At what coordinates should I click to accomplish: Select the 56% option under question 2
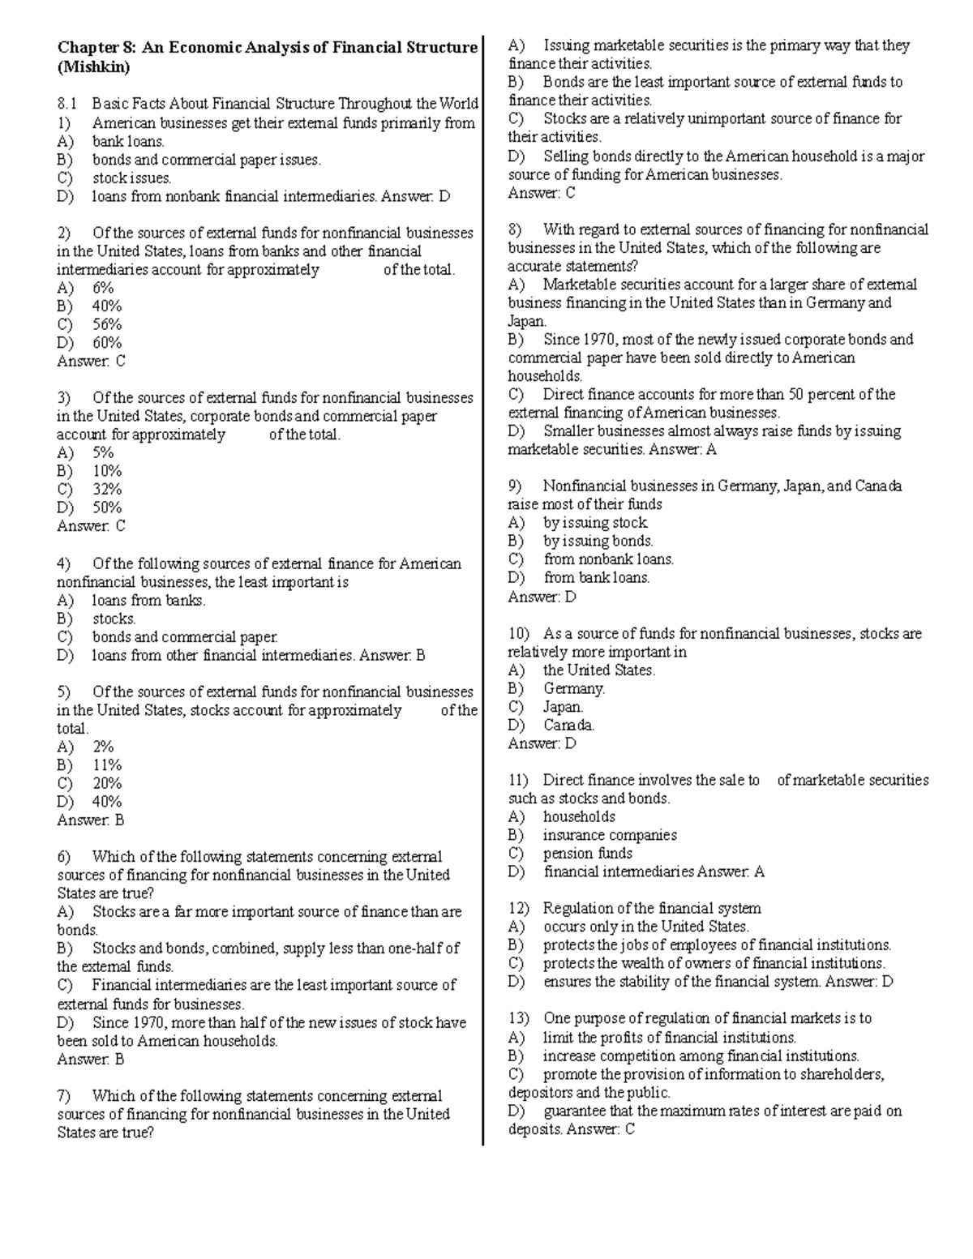pos(107,324)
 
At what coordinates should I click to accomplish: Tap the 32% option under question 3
pos(107,489)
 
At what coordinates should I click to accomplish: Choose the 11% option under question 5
pos(107,764)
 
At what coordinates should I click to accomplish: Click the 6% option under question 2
pos(103,288)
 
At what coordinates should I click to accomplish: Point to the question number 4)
pos(64,563)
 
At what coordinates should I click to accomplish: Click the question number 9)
pos(516,486)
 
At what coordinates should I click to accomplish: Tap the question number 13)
pos(519,1018)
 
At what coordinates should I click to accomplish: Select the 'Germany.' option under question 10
pos(574,688)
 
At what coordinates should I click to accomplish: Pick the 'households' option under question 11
pos(579,816)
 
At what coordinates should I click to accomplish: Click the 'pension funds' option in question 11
pos(587,853)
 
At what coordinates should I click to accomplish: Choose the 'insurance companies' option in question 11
pos(610,835)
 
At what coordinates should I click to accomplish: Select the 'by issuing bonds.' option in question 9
pos(598,541)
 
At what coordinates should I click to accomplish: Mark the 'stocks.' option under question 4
pos(114,619)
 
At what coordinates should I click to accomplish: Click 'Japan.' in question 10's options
pos(563,707)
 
